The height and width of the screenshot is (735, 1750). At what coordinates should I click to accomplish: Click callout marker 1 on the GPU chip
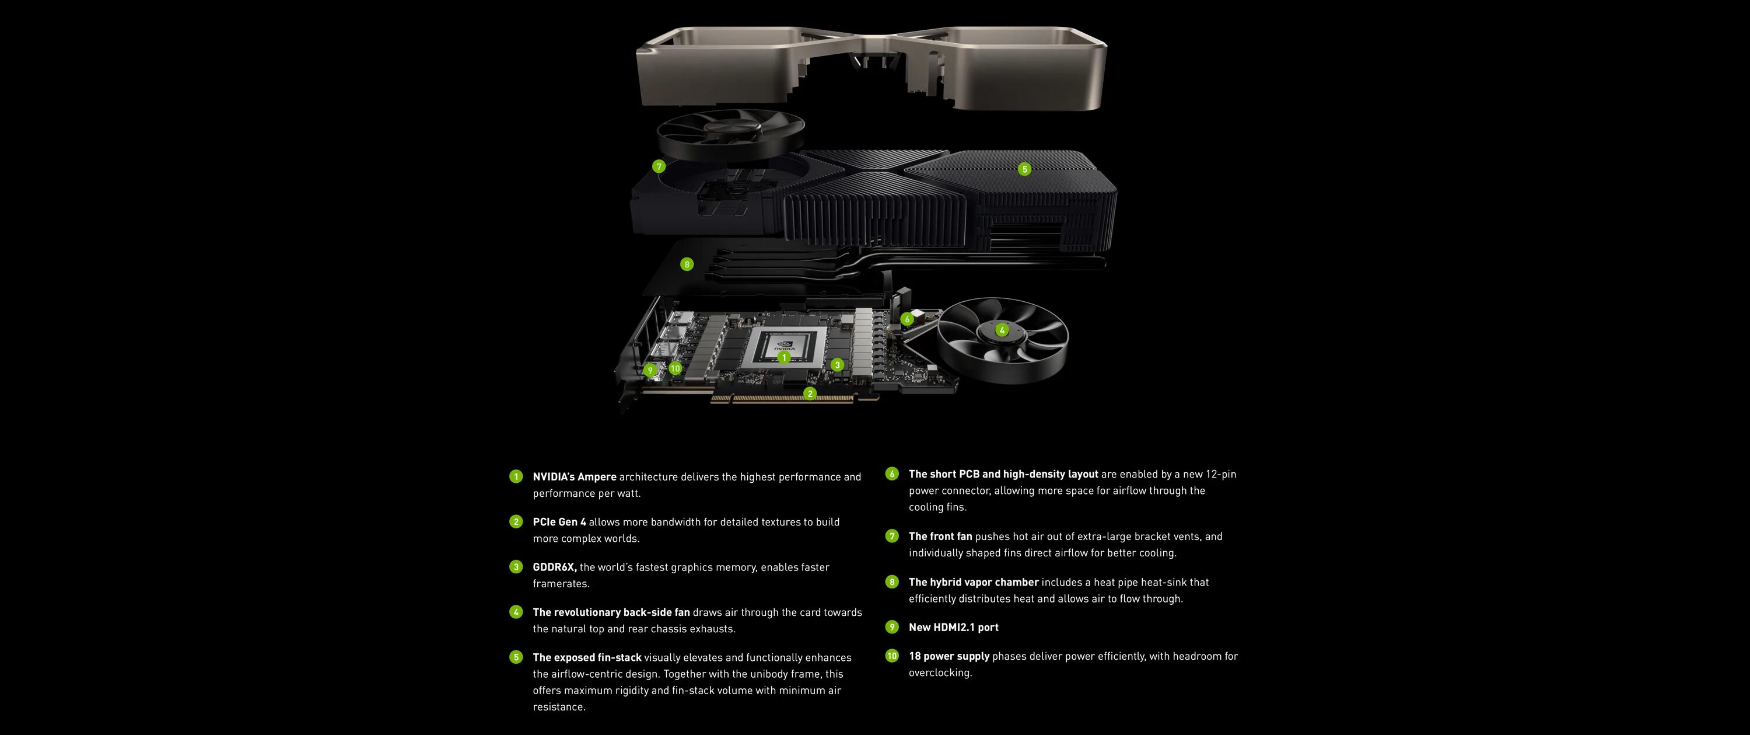tap(784, 357)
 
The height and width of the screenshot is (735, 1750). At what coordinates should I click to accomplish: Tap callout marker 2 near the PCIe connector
tap(809, 393)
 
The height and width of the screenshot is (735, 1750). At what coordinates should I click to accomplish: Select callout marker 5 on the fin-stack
tap(1024, 169)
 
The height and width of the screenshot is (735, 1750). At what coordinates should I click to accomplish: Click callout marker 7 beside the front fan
tap(658, 166)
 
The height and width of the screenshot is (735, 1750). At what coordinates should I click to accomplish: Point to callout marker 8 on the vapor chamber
tap(687, 264)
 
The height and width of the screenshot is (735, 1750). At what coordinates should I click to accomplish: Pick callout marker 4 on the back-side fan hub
tap(1002, 330)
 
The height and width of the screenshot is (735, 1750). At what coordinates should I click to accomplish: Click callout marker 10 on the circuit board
tap(674, 368)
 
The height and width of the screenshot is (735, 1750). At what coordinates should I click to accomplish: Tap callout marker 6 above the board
tap(907, 319)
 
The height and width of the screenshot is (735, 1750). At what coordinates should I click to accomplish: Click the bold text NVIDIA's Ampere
tap(574, 476)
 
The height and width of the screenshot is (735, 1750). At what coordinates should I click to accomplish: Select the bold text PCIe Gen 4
tap(558, 521)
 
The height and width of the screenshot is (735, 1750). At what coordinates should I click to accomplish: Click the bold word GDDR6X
tap(554, 567)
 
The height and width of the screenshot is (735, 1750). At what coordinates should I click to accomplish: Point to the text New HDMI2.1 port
tap(953, 627)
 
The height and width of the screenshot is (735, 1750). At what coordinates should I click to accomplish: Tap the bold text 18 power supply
tap(949, 656)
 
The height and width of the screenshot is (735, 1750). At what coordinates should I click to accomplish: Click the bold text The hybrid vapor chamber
tap(973, 582)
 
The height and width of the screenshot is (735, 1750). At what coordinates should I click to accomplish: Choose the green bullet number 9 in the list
tap(892, 627)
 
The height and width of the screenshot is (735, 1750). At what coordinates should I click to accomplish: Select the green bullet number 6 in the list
tap(892, 474)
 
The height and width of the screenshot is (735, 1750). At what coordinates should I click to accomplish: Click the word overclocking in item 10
tap(940, 673)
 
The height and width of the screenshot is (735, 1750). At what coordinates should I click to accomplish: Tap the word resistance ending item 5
tap(558, 706)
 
